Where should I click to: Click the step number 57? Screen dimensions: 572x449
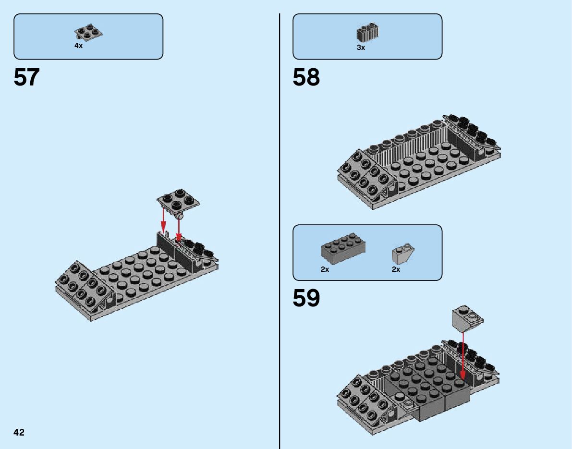[26, 77]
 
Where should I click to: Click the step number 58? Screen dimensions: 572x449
[306, 77]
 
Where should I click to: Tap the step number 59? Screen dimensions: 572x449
[306, 298]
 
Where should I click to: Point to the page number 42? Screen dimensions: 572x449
[19, 433]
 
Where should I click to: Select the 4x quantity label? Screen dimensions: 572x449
[78, 46]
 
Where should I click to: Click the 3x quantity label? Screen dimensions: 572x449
[361, 48]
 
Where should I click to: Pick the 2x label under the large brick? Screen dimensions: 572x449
[325, 269]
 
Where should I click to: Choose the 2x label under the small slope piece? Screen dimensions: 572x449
[396, 269]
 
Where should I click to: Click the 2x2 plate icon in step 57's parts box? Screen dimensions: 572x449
[88, 32]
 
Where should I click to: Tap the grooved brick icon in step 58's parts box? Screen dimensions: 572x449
[367, 33]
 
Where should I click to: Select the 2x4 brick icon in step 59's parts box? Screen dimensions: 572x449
[343, 248]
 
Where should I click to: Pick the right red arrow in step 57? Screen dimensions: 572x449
[179, 230]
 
